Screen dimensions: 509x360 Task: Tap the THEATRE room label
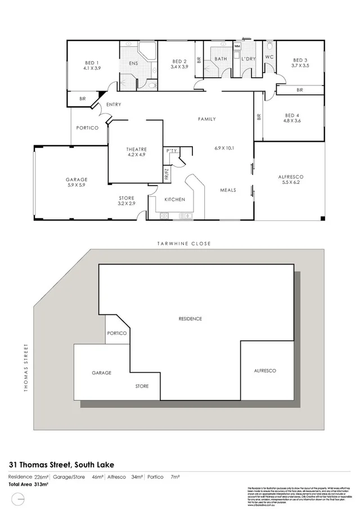coord(136,149)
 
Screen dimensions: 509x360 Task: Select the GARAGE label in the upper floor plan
coord(76,180)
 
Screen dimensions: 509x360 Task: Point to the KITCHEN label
coord(174,200)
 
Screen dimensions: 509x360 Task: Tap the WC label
coord(269,57)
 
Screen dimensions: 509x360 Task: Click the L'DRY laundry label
coord(248,59)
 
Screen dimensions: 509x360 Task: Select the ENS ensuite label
coord(133,64)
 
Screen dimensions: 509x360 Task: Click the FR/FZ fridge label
coord(166,174)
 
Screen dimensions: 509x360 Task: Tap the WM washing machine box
coord(237,46)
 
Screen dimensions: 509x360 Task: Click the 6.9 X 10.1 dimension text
coord(223,148)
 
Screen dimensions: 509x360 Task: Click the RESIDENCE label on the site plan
coord(190,319)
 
